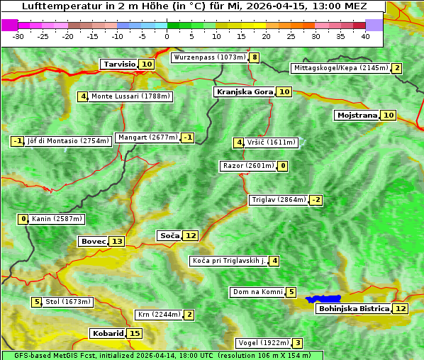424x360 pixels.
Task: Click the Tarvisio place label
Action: (x=119, y=64)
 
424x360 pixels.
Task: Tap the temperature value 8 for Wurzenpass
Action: (x=255, y=57)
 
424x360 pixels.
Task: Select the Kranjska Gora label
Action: (x=244, y=92)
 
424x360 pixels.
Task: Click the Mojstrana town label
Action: (x=357, y=116)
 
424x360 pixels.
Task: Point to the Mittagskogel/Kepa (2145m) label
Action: (x=340, y=68)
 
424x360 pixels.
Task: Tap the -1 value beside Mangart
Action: (x=187, y=137)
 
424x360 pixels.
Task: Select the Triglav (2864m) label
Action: (x=279, y=200)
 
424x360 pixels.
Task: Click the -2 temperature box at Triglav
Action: (x=316, y=200)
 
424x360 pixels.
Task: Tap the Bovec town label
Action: (x=93, y=242)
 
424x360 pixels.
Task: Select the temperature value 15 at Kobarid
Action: (x=135, y=334)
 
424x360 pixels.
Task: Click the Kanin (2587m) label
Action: (x=57, y=219)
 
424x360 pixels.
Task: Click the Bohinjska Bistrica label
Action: (x=354, y=309)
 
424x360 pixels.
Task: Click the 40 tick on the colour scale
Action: (x=365, y=35)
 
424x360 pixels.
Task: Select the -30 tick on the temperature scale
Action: (x=18, y=35)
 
